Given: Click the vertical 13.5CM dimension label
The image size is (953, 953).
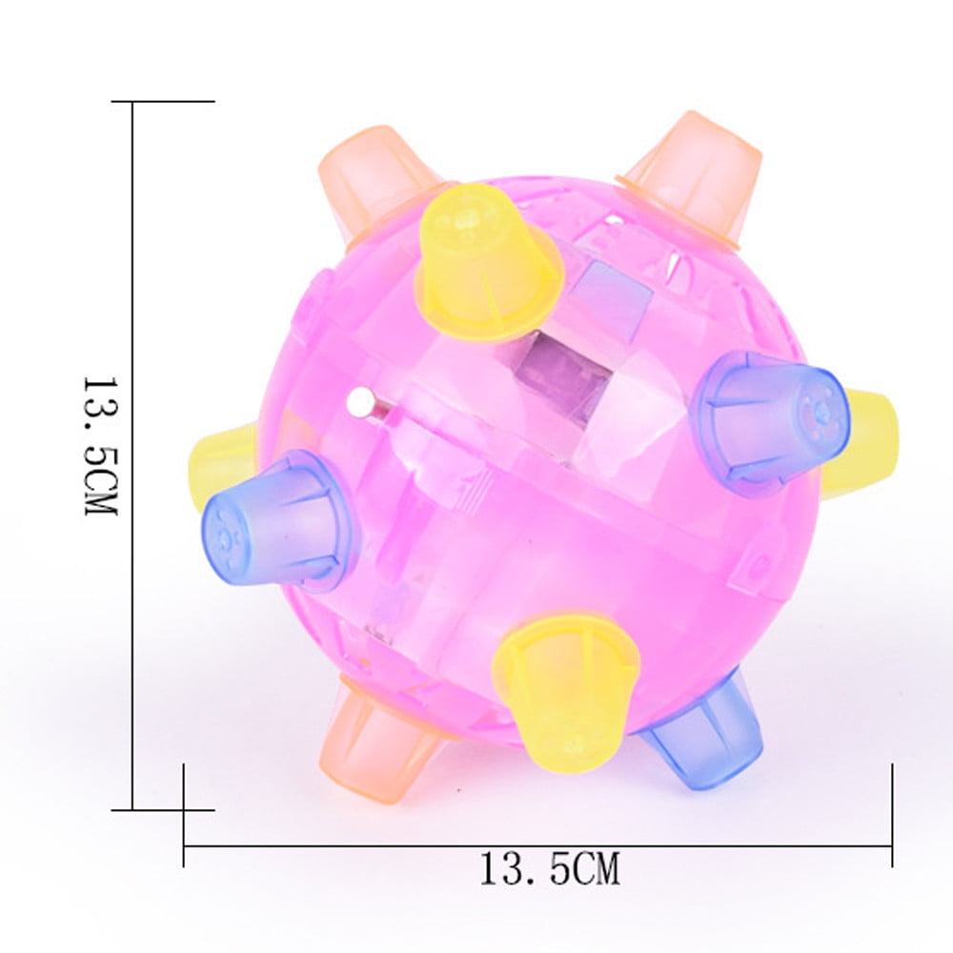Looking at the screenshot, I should click(100, 444).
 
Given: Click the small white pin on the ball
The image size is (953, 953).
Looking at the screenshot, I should click(360, 403).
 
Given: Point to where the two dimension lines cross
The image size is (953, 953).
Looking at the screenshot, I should click(184, 810).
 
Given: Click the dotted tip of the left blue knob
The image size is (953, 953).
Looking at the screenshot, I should click(222, 529).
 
